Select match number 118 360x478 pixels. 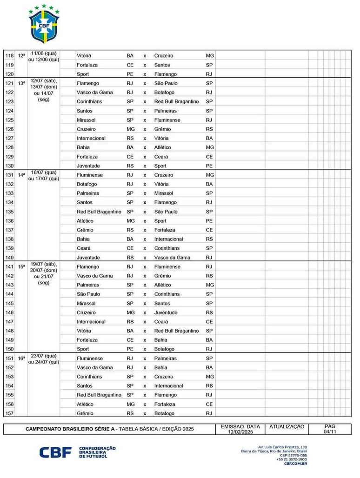click(9, 56)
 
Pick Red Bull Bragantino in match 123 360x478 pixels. click(176, 102)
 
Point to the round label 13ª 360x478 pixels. click(22, 83)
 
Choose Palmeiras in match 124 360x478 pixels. click(165, 111)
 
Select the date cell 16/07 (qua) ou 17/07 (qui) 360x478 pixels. click(44, 175)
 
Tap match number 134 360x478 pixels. click(9, 203)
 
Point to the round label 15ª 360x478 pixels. click(22, 267)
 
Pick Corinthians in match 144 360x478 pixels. click(167, 294)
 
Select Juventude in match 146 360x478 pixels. click(166, 312)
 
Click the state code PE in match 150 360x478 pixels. click(130, 349)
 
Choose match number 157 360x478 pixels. click(9, 413)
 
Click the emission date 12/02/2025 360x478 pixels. click(240, 432)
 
